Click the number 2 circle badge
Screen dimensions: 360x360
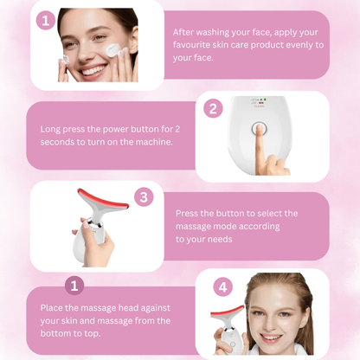click(x=213, y=109)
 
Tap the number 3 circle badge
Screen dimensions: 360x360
click(x=145, y=197)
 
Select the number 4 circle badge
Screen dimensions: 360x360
click(x=222, y=286)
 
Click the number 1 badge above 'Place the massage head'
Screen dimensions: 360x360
click(x=75, y=286)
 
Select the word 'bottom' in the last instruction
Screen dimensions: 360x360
click(x=57, y=334)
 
